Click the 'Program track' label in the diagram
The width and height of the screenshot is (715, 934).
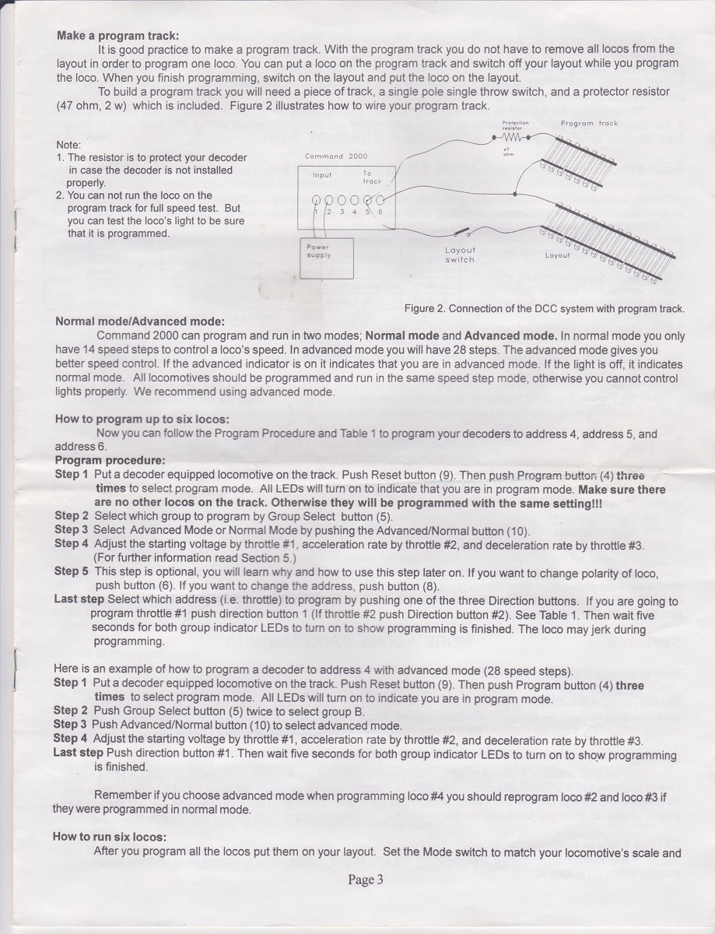click(x=589, y=123)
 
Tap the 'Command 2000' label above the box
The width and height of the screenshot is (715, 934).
click(x=337, y=156)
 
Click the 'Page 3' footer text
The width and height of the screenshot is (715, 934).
click(x=366, y=880)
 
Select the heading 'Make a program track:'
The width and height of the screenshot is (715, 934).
click(x=117, y=36)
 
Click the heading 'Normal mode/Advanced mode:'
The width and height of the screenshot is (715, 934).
click(x=139, y=322)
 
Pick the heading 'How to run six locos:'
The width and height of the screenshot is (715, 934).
click(x=109, y=837)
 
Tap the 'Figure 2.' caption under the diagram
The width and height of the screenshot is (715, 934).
click(x=544, y=309)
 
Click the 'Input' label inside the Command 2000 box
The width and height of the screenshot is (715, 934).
click(x=322, y=176)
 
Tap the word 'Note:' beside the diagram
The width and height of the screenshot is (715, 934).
click(x=71, y=145)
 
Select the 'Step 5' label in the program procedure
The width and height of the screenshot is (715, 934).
click(x=72, y=571)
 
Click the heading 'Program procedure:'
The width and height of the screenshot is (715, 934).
click(x=110, y=460)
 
